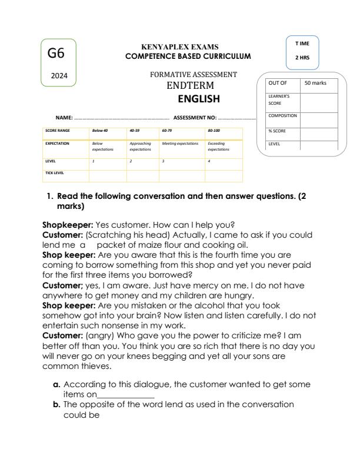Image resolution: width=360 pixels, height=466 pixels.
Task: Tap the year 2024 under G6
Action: pyautogui.click(x=59, y=76)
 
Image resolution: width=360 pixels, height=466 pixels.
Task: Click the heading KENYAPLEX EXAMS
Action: pyautogui.click(x=175, y=47)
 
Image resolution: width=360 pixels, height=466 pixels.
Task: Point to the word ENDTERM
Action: pyautogui.click(x=188, y=86)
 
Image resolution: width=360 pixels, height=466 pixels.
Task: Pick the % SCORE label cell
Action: pyautogui.click(x=278, y=131)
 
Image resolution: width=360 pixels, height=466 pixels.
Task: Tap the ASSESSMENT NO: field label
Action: pyautogui.click(x=195, y=118)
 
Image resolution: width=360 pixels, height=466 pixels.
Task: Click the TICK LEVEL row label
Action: pyautogui.click(x=55, y=173)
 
